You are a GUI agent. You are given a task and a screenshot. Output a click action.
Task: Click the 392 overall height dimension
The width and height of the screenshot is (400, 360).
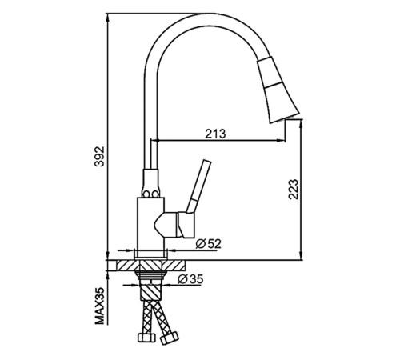click(100, 156)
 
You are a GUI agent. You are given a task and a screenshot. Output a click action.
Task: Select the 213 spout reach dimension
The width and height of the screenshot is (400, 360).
click(215, 134)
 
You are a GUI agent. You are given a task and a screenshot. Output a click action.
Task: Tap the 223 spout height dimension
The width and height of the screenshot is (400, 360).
click(294, 190)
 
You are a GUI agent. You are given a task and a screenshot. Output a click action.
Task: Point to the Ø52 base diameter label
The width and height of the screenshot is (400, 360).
click(209, 244)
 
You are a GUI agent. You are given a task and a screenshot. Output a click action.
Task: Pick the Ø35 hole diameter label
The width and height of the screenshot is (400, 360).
click(190, 279)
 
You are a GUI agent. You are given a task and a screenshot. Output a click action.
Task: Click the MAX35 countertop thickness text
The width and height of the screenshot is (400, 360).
click(100, 306)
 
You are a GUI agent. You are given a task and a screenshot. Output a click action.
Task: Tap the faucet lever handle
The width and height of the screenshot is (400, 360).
click(199, 186)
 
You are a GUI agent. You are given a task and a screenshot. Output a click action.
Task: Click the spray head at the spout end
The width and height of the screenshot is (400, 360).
click(278, 90)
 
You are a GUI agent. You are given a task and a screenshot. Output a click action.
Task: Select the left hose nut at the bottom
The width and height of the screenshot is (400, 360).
click(146, 338)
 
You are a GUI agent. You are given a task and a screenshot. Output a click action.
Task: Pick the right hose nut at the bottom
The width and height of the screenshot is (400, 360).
click(170, 338)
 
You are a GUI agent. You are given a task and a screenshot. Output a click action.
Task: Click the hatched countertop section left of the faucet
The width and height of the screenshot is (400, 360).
click(126, 266)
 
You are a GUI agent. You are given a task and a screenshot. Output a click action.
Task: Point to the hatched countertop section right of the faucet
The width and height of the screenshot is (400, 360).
click(176, 266)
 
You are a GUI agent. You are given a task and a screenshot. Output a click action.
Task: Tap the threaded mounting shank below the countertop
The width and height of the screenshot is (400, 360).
click(151, 275)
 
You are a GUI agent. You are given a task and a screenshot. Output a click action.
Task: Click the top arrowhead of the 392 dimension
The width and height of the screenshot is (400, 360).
click(107, 18)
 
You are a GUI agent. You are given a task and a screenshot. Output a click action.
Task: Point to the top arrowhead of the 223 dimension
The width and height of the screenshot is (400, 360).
click(301, 124)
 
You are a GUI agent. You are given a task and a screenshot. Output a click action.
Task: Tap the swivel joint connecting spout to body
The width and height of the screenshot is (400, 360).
click(151, 183)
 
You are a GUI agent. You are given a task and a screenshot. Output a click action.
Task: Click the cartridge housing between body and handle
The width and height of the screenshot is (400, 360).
click(166, 225)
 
